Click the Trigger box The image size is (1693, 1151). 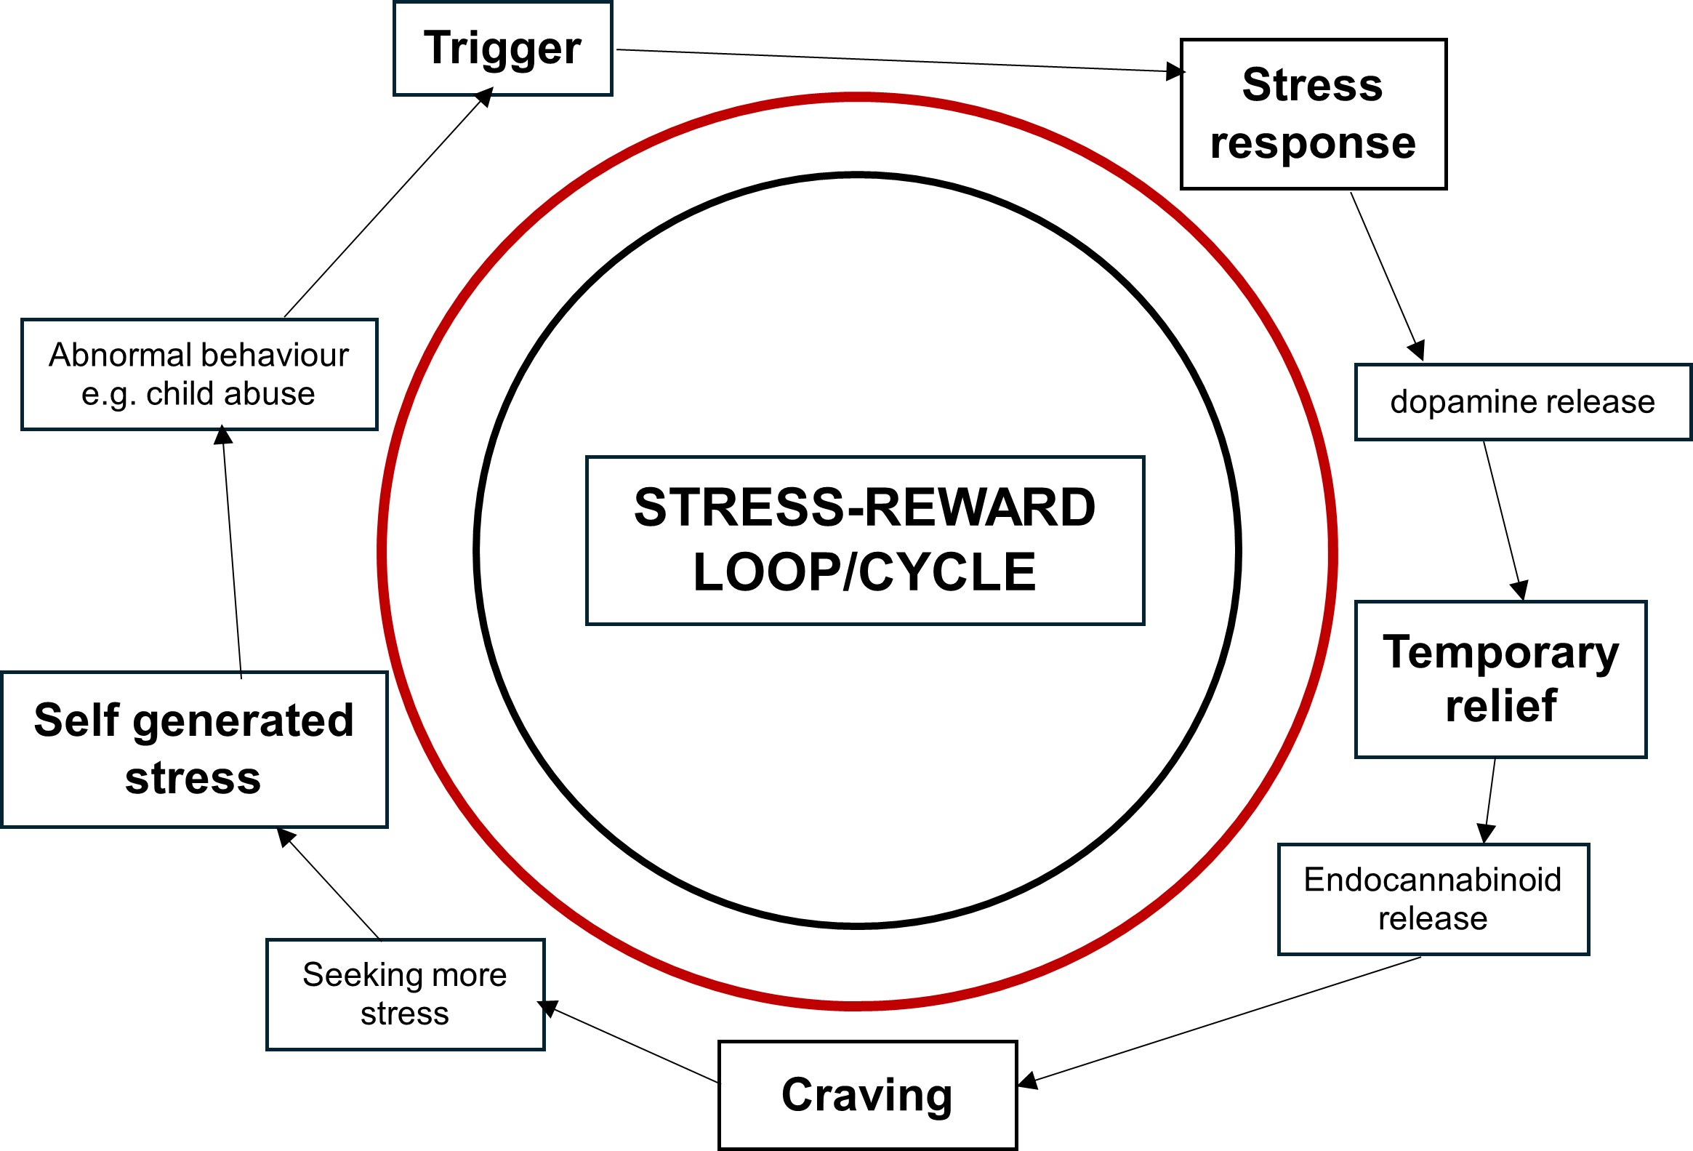502,49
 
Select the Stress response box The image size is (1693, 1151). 1313,114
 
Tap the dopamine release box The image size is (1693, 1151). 1521,402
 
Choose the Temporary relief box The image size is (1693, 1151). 1500,679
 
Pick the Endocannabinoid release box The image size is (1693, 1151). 1433,899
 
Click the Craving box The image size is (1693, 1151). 867,1094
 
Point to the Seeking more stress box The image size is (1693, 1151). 405,994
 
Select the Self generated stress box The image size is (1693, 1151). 194,749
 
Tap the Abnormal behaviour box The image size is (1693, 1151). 199,374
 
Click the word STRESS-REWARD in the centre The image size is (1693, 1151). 865,508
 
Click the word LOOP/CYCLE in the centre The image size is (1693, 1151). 865,572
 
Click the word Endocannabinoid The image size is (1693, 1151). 1432,880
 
